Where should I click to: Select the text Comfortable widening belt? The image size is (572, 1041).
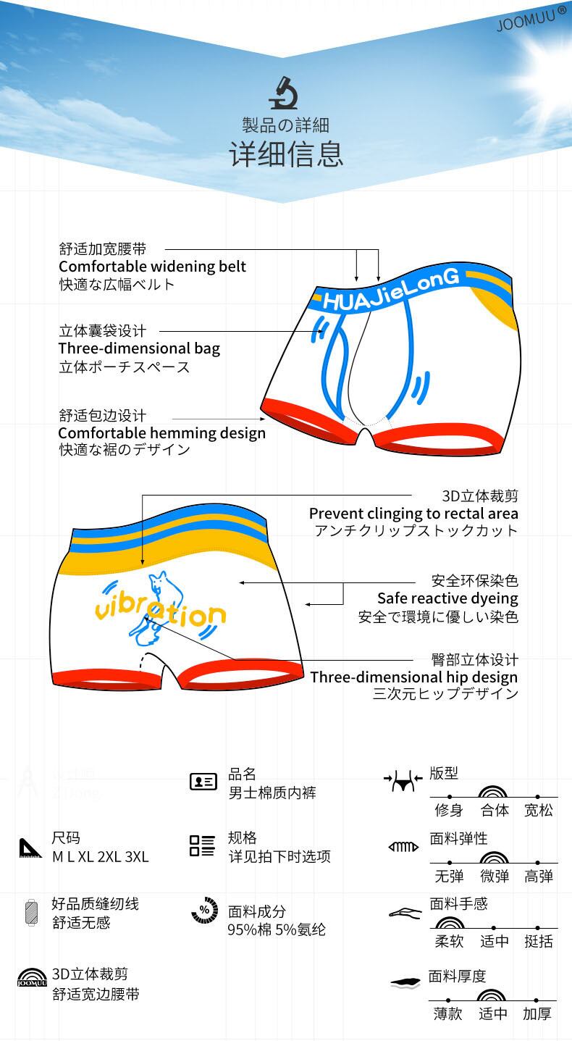click(x=152, y=267)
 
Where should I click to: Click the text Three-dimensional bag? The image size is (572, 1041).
click(x=139, y=348)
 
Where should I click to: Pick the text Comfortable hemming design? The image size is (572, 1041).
click(x=161, y=433)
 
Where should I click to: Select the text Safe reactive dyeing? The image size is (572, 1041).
click(x=447, y=598)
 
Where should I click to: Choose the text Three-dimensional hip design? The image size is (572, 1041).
click(x=414, y=677)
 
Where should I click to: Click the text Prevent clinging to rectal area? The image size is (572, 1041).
click(x=413, y=514)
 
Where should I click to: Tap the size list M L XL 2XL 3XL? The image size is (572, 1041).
click(x=100, y=857)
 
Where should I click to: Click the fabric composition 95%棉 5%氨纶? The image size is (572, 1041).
click(x=277, y=929)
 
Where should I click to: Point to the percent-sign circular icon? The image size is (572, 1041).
click(x=204, y=911)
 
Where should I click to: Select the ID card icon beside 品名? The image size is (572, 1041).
click(x=203, y=782)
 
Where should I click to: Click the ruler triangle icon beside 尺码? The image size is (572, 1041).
click(x=30, y=848)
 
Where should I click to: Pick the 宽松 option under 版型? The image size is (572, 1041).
click(x=538, y=810)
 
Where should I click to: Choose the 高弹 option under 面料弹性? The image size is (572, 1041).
click(x=538, y=876)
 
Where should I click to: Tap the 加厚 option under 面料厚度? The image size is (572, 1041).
click(x=537, y=1013)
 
